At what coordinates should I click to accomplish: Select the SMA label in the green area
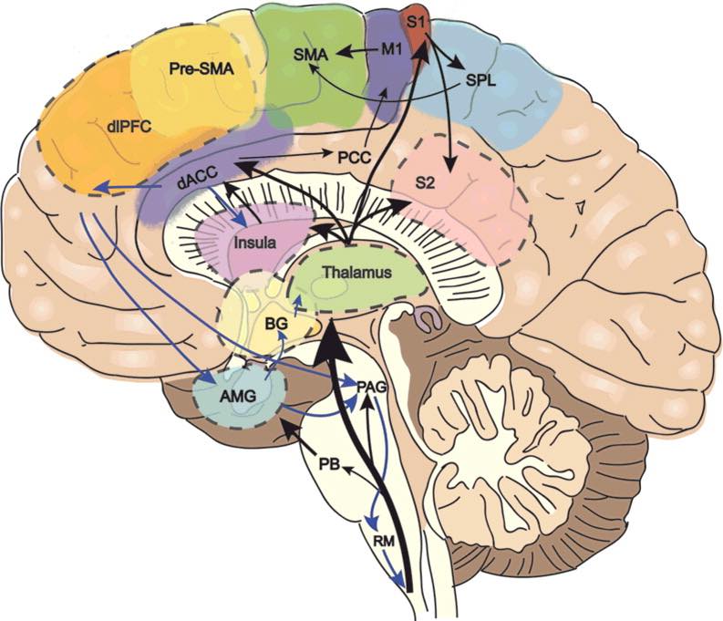(x=311, y=56)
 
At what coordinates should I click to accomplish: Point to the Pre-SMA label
(x=201, y=69)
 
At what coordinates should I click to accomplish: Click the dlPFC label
(x=129, y=127)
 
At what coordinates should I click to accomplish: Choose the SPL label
(x=480, y=81)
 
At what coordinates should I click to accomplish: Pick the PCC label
(x=354, y=158)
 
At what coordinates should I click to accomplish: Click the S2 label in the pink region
(x=425, y=183)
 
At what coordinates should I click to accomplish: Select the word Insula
(x=255, y=242)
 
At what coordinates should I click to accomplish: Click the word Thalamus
(x=357, y=272)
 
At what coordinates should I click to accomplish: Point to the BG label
(x=276, y=324)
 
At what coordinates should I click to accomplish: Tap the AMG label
(x=238, y=396)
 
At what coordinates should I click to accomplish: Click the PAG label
(x=372, y=387)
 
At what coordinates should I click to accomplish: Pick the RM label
(x=384, y=542)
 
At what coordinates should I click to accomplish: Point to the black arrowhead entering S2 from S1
(x=450, y=164)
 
